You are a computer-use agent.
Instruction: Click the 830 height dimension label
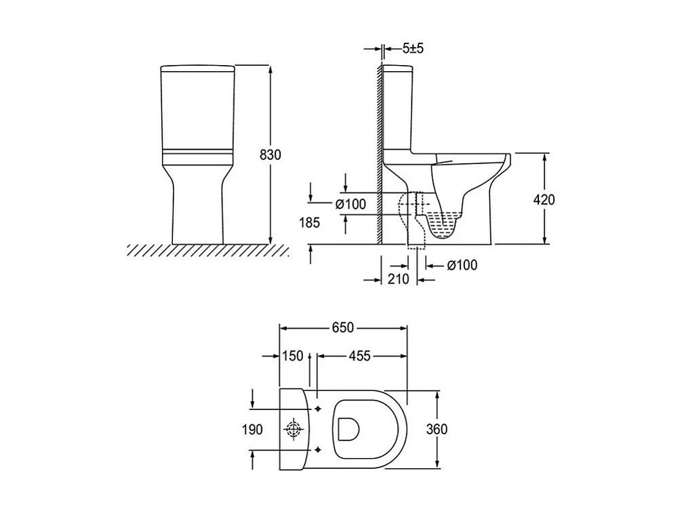point(269,155)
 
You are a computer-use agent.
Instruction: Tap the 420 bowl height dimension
point(544,199)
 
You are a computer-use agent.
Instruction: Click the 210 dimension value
point(399,279)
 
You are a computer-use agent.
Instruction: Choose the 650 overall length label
point(343,327)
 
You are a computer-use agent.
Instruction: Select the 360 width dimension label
point(438,429)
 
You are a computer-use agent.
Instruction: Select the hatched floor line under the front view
point(207,250)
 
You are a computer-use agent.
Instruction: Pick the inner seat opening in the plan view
point(348,429)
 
